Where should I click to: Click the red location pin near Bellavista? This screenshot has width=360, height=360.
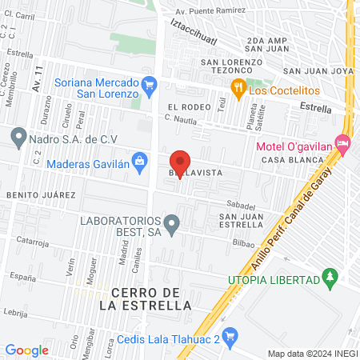pos(181,162)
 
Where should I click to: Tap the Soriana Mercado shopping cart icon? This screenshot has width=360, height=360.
pos(148,84)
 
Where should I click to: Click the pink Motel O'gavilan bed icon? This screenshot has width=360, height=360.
pos(343,146)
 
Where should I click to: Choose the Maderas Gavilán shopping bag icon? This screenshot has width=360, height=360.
pos(140,163)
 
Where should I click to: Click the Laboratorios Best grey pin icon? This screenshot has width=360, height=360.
pos(170,223)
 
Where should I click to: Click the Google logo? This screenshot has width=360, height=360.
pos(27,350)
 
